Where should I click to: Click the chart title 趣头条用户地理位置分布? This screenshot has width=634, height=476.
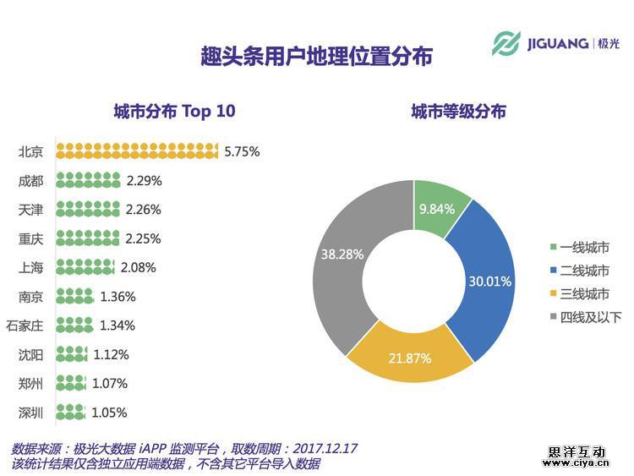[x=317, y=57]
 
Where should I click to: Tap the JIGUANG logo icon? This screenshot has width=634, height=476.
[x=507, y=43]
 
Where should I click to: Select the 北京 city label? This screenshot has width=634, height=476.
[x=31, y=152]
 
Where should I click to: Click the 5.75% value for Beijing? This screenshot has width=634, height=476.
[x=242, y=152]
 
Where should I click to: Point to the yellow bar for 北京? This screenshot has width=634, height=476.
[x=138, y=151]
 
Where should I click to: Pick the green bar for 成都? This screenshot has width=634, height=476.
[x=89, y=180]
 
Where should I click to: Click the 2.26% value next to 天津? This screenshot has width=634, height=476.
[x=144, y=210]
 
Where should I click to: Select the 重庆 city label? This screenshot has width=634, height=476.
[x=31, y=238]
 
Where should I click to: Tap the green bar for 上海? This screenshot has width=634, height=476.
[x=85, y=267]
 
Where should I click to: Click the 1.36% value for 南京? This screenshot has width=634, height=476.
[x=118, y=297]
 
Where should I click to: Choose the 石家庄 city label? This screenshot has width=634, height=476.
[x=25, y=326]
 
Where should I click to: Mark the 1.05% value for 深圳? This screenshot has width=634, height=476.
[x=109, y=413]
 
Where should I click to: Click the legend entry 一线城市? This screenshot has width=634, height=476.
[x=578, y=247]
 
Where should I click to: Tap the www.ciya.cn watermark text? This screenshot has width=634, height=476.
[x=576, y=463]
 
